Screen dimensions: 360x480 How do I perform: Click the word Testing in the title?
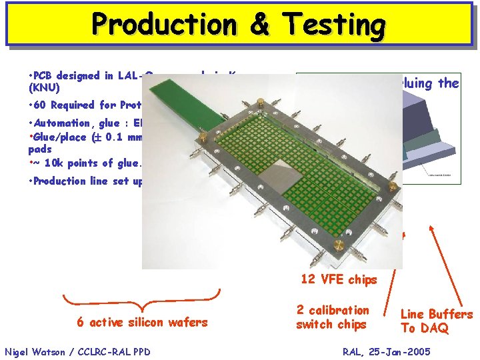coord(333,25)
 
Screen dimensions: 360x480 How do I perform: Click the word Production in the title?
coord(164,25)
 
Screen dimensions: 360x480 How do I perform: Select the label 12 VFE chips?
coord(339,279)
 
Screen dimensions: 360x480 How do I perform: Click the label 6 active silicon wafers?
coord(142,323)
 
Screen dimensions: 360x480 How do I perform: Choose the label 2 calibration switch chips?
coord(332,317)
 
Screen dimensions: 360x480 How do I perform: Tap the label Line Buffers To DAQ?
coord(437,321)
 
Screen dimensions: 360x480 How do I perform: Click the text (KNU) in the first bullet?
coord(45,87)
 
